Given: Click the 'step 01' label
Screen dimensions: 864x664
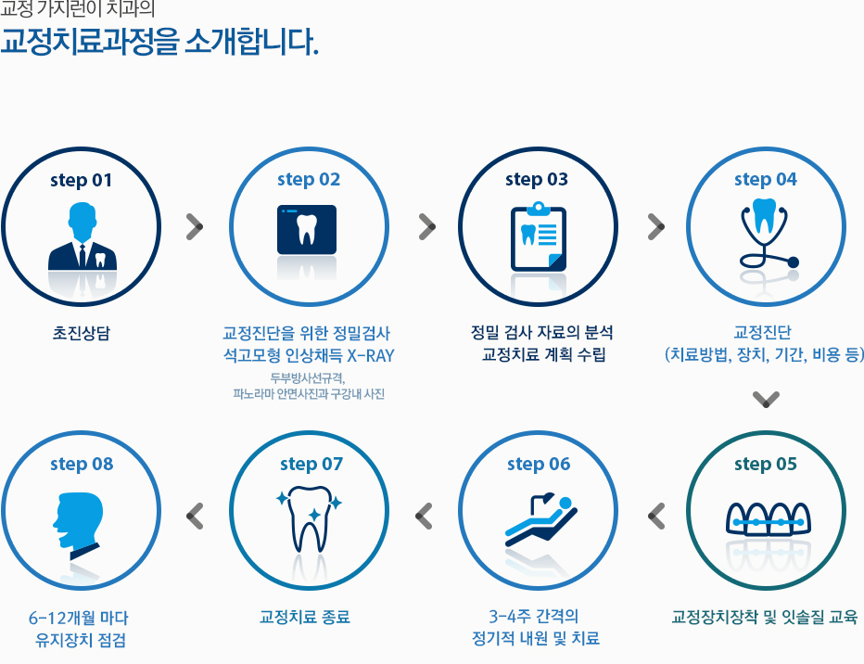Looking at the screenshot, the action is coord(81,180).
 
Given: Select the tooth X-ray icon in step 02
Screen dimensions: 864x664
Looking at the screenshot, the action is coord(307,230).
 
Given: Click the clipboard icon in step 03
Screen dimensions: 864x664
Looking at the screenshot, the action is coord(539,237).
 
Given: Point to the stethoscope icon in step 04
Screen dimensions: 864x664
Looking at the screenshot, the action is coord(765,233).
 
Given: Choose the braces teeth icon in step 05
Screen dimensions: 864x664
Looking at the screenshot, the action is coord(769,519).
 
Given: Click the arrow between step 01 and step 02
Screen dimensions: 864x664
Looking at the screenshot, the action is coord(195,226).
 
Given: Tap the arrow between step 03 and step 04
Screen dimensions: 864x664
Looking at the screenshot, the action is coord(656,226).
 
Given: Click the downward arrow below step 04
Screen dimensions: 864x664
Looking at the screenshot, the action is coord(766,399).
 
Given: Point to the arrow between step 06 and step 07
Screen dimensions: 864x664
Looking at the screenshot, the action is coord(424,517).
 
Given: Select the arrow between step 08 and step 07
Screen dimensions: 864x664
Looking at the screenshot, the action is coord(195,517).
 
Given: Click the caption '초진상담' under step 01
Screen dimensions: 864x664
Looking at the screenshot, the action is coord(81,333).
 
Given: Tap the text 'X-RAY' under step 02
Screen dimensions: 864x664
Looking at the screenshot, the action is coord(371,356).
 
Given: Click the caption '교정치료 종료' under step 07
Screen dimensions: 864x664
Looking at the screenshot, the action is coord(305,617).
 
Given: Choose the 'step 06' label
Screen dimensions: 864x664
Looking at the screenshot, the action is coord(539,464).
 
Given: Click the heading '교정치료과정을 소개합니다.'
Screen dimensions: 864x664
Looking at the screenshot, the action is coord(159,42).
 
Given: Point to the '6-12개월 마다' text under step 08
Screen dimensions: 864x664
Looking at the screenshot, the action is coord(78,618).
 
